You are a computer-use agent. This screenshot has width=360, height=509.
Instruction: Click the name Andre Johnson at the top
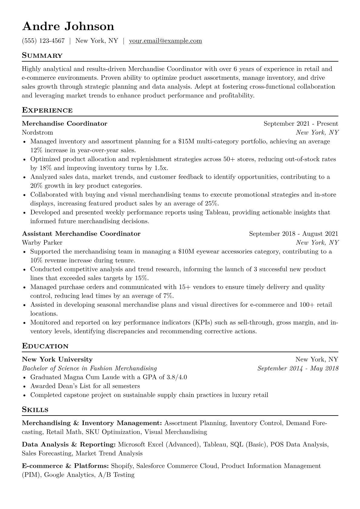tap(68, 27)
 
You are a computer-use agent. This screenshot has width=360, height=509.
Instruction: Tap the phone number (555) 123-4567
tap(43, 41)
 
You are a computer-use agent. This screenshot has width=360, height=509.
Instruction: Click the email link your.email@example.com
tap(165, 41)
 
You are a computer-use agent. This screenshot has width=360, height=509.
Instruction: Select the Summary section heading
tap(42, 56)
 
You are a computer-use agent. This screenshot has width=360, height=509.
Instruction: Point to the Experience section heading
tap(47, 110)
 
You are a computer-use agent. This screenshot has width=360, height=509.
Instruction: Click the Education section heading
tap(45, 346)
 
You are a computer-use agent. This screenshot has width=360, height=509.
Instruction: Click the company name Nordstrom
tap(38, 132)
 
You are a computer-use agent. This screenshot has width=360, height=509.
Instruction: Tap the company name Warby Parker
tap(42, 243)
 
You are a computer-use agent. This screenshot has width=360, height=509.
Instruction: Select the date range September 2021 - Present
tap(301, 124)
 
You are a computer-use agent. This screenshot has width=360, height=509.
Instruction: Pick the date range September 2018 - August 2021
tap(293, 234)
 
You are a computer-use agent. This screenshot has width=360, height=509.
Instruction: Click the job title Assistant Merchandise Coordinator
tap(81, 234)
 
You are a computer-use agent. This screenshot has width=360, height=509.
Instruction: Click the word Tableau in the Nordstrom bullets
tap(217, 212)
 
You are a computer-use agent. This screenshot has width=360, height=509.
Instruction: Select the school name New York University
tap(57, 360)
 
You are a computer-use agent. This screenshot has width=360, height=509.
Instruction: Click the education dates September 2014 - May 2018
tap(298, 368)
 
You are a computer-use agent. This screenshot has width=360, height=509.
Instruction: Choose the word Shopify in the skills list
tap(122, 466)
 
